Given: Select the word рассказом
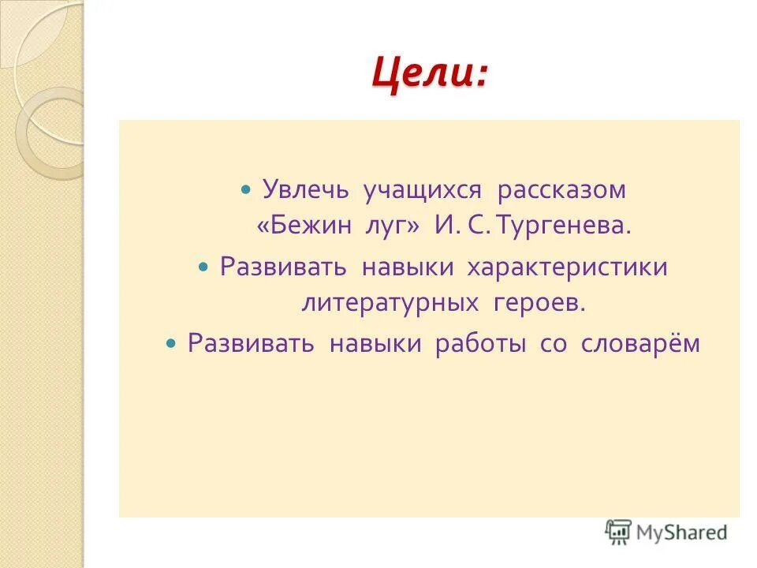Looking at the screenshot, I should (561, 191).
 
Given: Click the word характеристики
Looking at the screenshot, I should (568, 267).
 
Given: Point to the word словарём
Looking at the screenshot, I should (640, 343).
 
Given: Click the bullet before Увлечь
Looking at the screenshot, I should (245, 191).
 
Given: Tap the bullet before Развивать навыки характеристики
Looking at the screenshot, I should (202, 267).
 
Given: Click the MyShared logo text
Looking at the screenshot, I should (682, 532).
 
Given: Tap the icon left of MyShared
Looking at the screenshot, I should (618, 532).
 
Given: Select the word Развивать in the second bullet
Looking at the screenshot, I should (284, 267).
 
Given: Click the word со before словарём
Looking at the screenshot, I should (554, 344).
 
